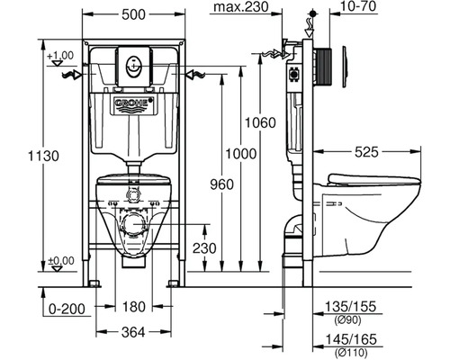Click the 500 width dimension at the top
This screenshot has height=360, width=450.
[x=133, y=14]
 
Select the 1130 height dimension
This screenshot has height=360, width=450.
[x=44, y=156]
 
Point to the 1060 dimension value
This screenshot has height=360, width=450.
[x=260, y=123]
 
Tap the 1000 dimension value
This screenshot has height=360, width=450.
[x=241, y=154]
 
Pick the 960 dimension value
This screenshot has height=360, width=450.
[x=221, y=184]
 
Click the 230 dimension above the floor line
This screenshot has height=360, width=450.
[x=204, y=248]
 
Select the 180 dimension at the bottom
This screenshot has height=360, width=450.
[x=134, y=307]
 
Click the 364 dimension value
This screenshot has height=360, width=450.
[x=133, y=332]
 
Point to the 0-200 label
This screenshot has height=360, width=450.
[x=67, y=309]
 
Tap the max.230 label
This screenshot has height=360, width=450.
[x=241, y=7]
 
